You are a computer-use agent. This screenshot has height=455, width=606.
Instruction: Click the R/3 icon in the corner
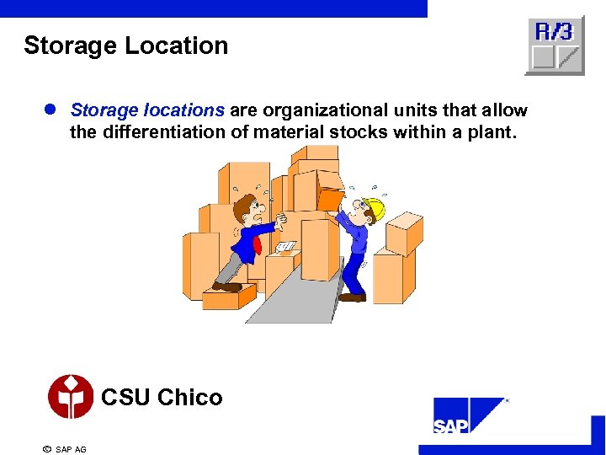(x=554, y=45)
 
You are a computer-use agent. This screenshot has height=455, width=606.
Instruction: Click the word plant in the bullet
(x=488, y=132)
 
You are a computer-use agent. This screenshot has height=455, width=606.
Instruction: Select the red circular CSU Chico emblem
(x=71, y=397)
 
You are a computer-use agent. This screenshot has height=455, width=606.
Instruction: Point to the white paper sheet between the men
(x=286, y=247)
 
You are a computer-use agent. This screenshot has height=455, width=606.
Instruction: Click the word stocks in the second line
(x=363, y=132)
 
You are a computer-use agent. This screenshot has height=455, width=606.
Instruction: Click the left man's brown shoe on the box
(x=227, y=287)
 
